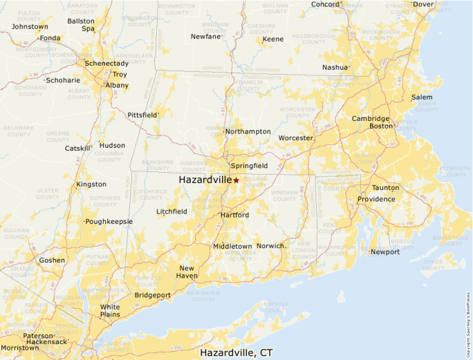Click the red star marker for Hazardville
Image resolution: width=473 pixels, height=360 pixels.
tap(236, 180)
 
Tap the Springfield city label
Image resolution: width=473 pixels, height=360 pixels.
tap(249, 167)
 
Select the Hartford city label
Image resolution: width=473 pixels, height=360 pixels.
tap(234, 216)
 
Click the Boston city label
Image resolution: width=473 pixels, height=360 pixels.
tap(381, 126)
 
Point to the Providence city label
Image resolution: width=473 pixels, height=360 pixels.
tap(376, 200)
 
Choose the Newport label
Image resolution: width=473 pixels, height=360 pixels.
tap(385, 252)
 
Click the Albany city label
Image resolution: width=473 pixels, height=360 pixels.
tap(116, 86)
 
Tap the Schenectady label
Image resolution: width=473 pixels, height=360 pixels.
tap(106, 64)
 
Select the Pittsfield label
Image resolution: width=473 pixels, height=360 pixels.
tap(142, 115)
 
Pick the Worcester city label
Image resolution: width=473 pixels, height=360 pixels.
tap(295, 138)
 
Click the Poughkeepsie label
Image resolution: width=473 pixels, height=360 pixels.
tap(108, 222)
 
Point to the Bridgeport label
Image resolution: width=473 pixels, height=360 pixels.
tap(152, 295)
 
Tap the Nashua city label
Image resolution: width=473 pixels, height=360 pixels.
tap(336, 68)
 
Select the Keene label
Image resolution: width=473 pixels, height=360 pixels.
tap(273, 39)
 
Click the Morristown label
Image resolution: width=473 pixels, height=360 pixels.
tap(19, 348)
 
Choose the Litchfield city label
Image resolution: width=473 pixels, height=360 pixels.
tap(171, 211)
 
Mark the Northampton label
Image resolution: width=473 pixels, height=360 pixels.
tap(248, 132)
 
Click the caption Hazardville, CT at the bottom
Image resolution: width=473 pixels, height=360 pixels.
tap(236, 352)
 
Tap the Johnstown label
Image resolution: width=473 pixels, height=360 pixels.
tap(30, 27)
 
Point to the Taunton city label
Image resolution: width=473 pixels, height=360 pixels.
tap(385, 188)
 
